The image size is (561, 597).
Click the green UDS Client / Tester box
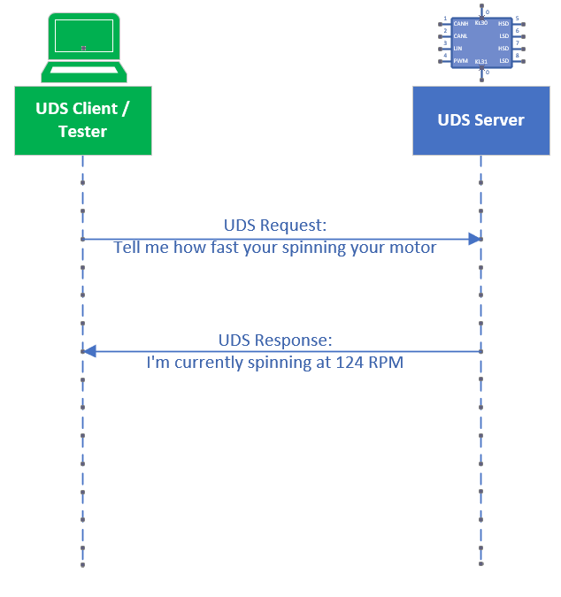(82, 119)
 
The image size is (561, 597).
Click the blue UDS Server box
(480, 119)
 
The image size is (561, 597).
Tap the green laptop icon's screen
(83, 35)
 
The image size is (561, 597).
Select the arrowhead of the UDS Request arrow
(475, 239)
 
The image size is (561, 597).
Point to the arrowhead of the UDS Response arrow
(88, 351)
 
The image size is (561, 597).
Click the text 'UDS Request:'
(274, 226)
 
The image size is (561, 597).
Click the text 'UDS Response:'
(274, 340)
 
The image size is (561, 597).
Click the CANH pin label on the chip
(461, 24)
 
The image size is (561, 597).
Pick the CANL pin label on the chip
(461, 36)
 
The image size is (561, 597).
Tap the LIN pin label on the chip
(458, 49)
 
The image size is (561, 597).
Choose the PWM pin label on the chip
(461, 61)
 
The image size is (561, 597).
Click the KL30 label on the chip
(481, 23)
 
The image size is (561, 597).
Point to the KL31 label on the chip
(481, 62)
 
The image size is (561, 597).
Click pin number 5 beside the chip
(518, 18)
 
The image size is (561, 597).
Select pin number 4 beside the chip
(445, 55)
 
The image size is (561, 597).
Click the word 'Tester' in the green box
(82, 132)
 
